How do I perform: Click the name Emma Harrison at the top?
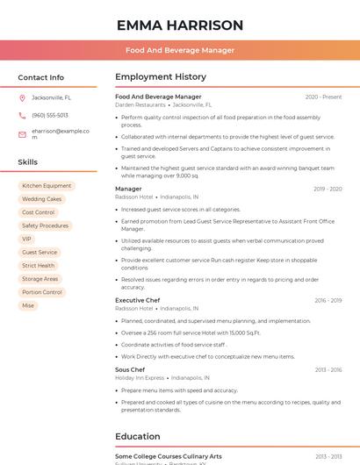(x=179, y=25)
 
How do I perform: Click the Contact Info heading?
(x=41, y=77)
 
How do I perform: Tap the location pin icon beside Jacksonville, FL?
(x=22, y=98)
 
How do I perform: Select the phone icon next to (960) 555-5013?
(x=22, y=115)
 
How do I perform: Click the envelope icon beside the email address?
(x=22, y=133)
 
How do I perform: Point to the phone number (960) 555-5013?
(x=49, y=115)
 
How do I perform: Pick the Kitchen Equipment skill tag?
(x=47, y=186)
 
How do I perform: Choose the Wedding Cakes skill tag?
(x=41, y=199)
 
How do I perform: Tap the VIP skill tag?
(x=26, y=239)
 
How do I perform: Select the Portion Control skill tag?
(x=42, y=292)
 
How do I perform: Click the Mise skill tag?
(x=28, y=305)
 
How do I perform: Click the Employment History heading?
(x=161, y=77)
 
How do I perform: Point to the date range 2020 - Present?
(x=323, y=97)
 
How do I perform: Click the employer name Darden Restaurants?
(x=140, y=104)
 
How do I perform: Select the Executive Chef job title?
(x=137, y=300)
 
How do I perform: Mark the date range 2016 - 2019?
(x=328, y=300)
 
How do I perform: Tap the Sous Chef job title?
(x=130, y=369)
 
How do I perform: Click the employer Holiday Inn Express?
(x=140, y=377)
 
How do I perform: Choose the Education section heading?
(x=138, y=436)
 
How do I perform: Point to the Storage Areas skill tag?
(x=40, y=279)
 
